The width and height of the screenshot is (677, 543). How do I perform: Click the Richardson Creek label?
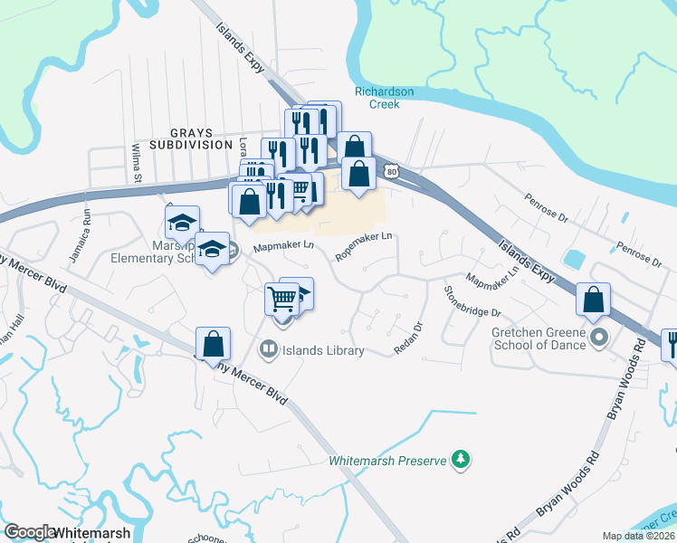coord(384,98)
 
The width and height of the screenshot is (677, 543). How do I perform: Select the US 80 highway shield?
coord(390,170)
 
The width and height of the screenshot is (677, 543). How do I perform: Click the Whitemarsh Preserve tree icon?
coord(462,460)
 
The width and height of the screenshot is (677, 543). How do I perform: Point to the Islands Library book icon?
coord(268,349)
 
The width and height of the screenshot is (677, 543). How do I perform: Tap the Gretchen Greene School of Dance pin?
coord(598,338)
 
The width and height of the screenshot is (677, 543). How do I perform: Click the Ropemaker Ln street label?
coord(364,246)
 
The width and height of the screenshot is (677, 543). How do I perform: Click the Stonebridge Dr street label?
coord(472,300)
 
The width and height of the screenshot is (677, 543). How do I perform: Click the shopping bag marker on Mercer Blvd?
coord(213,344)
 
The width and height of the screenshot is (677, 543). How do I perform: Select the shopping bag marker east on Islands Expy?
coord(593,300)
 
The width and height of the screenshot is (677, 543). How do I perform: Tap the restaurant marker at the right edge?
coord(671,344)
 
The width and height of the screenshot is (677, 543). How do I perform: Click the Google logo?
coord(29,532)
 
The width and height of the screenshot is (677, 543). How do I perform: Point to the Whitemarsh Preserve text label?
coord(387,461)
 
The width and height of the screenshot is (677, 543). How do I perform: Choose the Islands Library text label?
coord(324,350)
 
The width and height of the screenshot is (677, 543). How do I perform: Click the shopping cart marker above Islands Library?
coord(281,299)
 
